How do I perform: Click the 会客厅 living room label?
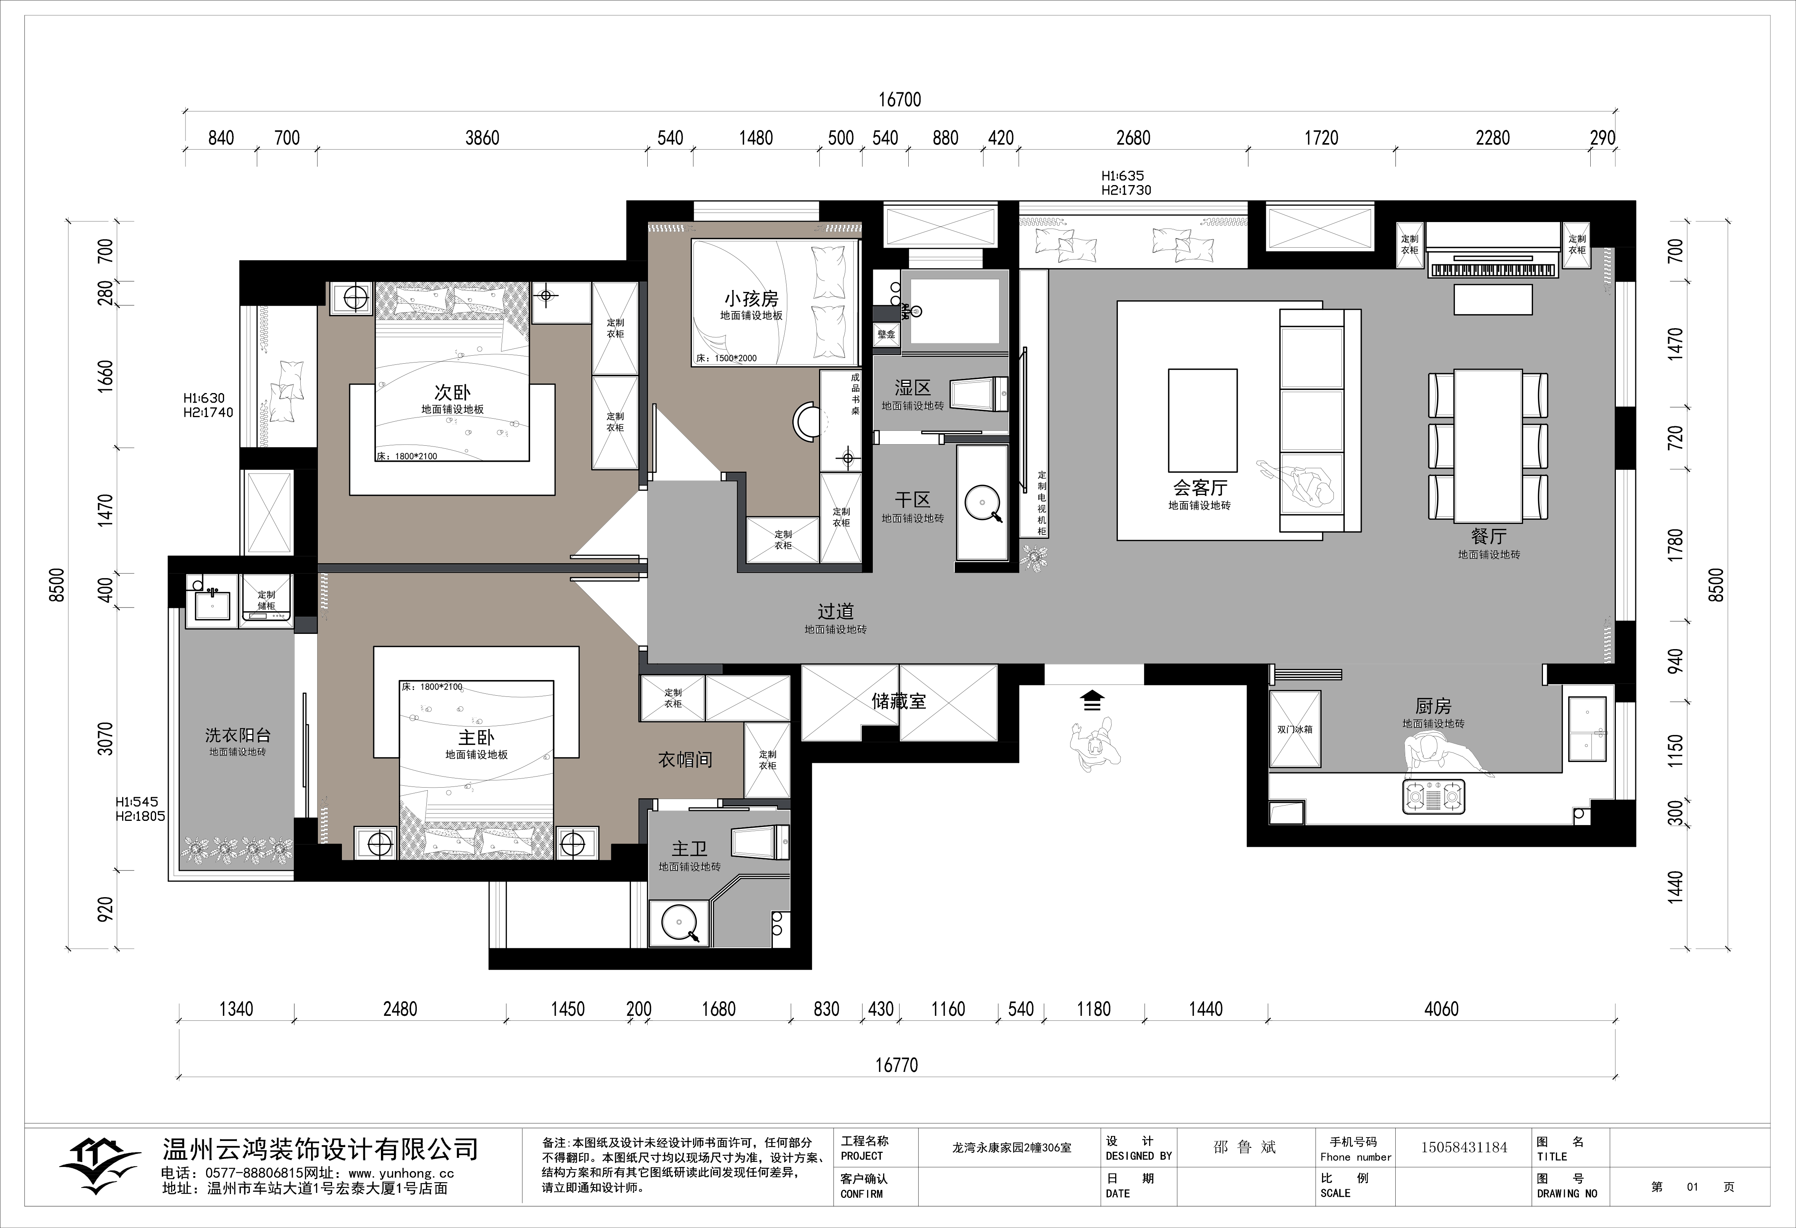(1199, 488)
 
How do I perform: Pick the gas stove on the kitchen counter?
(1433, 796)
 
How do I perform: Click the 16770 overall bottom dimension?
(896, 1066)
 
